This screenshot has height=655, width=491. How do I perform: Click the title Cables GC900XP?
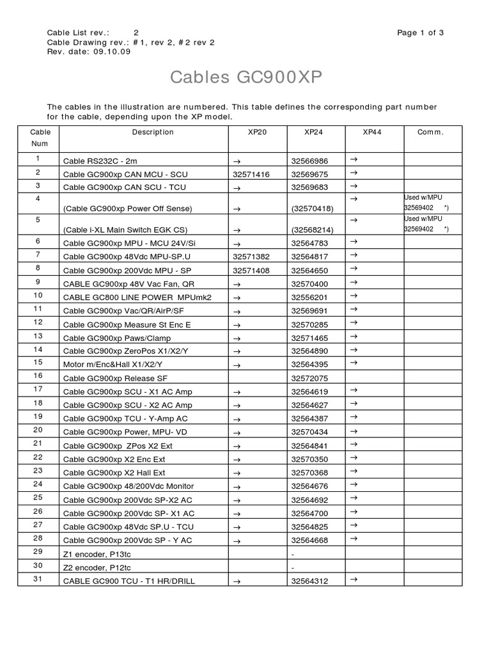pos(246,77)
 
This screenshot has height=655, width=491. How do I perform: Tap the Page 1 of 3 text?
pos(420,33)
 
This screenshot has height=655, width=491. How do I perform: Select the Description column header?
pos(153,132)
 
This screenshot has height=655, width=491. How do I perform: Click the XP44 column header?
pos(372,132)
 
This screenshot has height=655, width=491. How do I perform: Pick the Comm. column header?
pos(430,132)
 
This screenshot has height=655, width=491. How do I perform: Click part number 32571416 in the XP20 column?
pos(251,175)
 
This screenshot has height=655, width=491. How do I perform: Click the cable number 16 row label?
pos(38,375)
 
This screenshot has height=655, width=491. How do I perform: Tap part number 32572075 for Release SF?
pos(309,378)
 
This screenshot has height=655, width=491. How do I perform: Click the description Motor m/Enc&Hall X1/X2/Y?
pos(108,364)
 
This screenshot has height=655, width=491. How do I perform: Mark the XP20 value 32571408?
pos(251,271)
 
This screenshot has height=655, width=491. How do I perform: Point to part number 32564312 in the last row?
pos(309,581)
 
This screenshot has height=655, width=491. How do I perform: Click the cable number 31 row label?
pos(38,579)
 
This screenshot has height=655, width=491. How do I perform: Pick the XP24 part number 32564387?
pos(309,418)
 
